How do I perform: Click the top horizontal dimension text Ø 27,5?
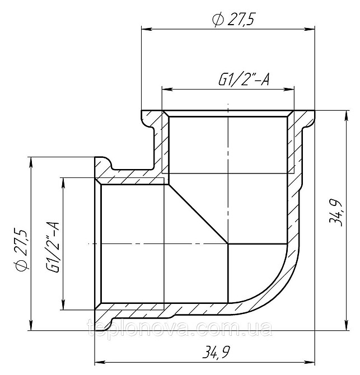233,20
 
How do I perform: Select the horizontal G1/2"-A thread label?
244,80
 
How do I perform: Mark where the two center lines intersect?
228,243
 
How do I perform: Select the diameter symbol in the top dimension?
217,20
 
